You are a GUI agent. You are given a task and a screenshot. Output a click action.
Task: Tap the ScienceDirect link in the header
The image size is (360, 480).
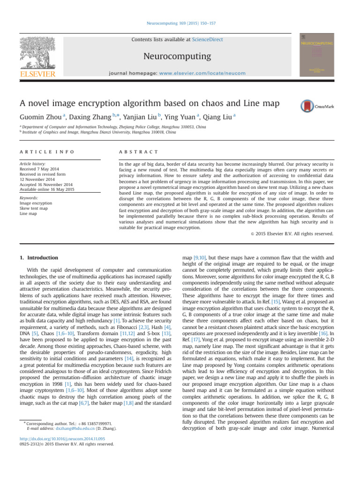point(207,40)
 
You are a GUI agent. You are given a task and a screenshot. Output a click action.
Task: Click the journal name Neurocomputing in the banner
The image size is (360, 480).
point(180,57)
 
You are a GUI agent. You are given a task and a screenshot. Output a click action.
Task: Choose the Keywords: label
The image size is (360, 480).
point(30,197)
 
